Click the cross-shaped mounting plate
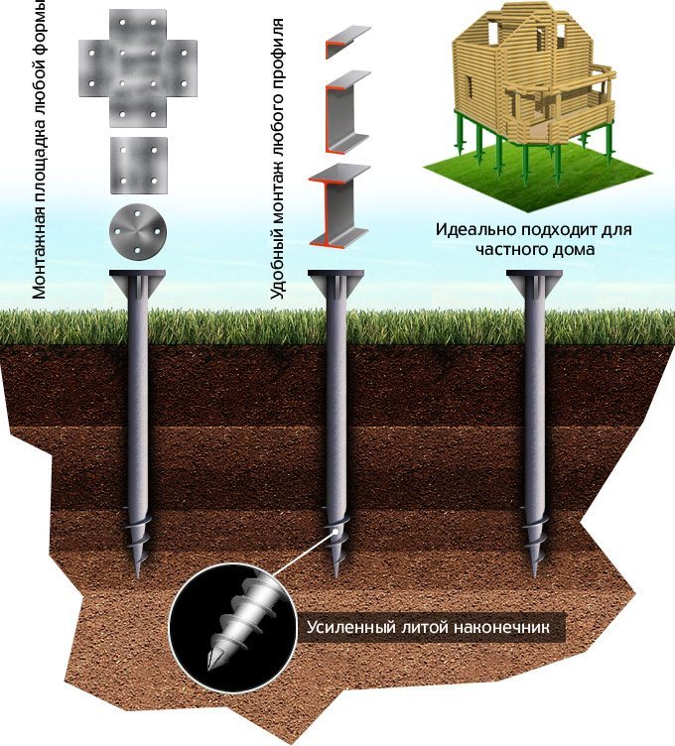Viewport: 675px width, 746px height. click(138, 68)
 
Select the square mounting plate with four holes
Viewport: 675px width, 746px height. click(139, 166)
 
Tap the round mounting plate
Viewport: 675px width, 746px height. click(138, 232)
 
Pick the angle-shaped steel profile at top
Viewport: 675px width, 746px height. click(347, 42)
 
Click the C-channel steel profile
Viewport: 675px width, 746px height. click(346, 111)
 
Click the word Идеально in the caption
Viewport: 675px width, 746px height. click(476, 230)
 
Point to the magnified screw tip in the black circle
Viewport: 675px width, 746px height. click(235, 625)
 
